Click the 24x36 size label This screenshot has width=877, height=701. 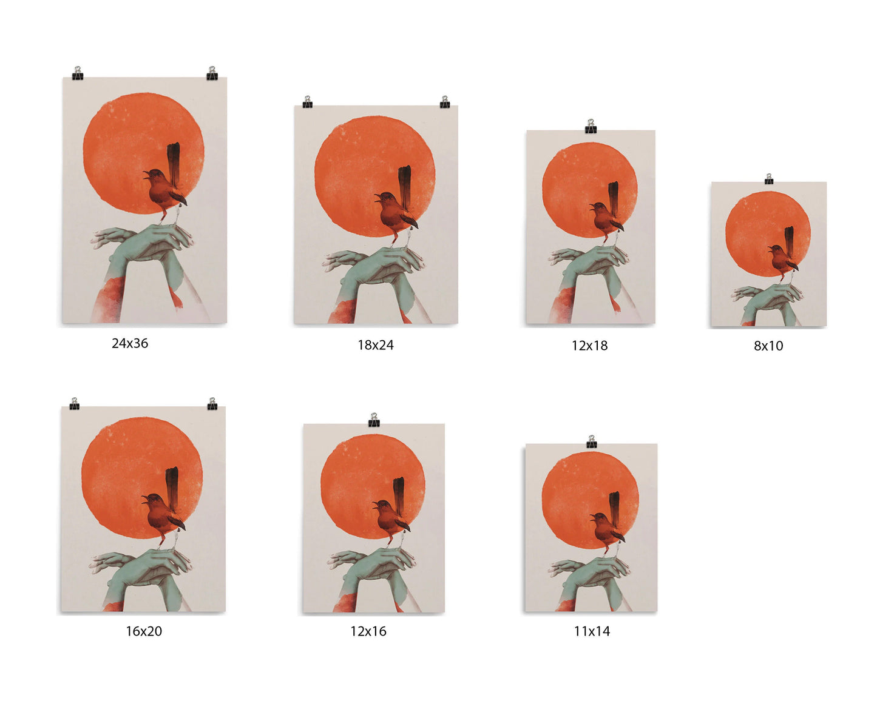pos(130,343)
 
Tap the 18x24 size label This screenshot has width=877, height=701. pos(375,345)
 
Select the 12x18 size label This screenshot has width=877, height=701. pos(589,346)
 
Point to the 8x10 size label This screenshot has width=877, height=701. pos(768,346)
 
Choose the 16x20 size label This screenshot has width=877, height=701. pos(144,631)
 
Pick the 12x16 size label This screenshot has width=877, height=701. pos(368,631)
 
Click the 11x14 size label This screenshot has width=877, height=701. pos(592,631)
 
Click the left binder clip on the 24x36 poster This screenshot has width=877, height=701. pos(78,73)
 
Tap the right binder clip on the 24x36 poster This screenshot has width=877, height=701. pos(212,73)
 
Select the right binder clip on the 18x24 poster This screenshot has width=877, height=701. pos(445,102)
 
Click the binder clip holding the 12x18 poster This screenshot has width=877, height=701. pos(591,126)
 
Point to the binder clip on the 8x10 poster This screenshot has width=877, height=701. pos(768,179)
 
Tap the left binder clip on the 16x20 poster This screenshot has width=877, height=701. pos(75,403)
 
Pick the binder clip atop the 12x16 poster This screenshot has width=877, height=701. pos(374,420)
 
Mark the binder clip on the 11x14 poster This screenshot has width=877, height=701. pos(591,441)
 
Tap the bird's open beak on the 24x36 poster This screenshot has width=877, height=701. pos(146,175)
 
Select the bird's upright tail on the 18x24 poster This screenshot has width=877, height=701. pos(404,187)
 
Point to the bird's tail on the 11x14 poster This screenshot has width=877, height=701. pos(614,508)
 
